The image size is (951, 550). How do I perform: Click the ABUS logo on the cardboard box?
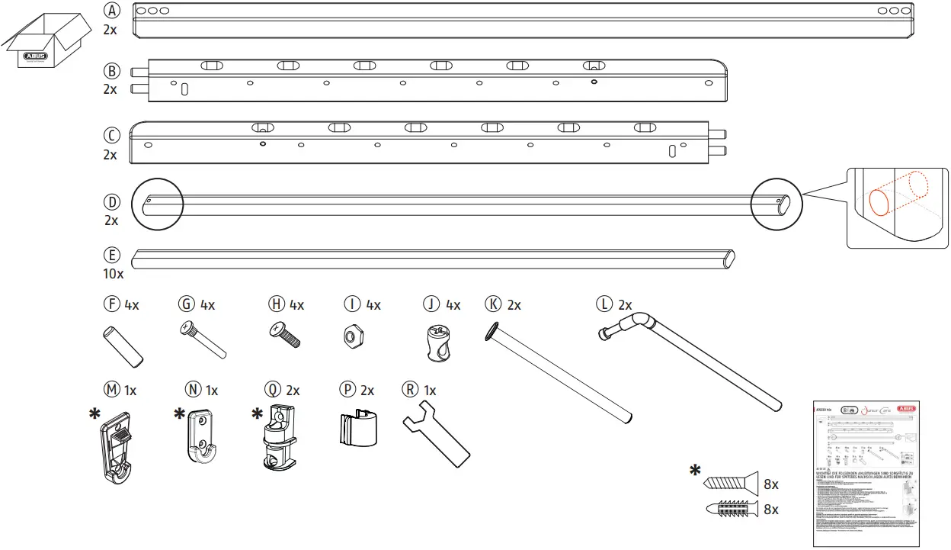(x=35, y=56)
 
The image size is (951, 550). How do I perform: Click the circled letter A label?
(x=112, y=11)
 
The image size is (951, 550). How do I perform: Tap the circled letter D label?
(x=112, y=203)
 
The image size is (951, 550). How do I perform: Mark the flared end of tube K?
(x=494, y=330)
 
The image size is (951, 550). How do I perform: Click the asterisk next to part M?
(x=94, y=413)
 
